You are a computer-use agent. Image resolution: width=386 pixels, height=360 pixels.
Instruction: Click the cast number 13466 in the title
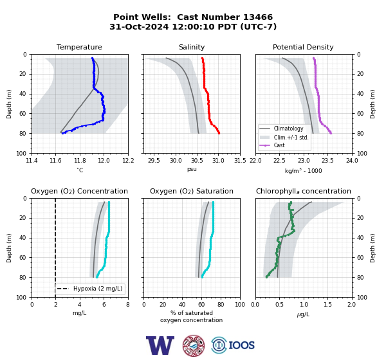(258, 17)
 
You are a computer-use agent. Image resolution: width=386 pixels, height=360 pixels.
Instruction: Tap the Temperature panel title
(79, 47)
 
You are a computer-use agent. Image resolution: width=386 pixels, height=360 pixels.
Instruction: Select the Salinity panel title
(192, 47)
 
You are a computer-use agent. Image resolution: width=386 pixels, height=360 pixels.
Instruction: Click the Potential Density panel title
(303, 47)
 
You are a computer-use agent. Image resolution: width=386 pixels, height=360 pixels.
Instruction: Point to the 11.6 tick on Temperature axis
(55, 161)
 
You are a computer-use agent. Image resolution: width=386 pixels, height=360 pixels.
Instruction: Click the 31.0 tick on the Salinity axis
(218, 161)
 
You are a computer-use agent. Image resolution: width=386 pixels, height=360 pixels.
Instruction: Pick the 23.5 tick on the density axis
(327, 161)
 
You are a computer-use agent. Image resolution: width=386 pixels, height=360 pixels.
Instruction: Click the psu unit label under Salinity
(192, 169)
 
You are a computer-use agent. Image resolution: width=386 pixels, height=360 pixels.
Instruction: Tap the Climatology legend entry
(288, 129)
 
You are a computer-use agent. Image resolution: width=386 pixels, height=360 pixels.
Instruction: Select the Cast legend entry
(279, 145)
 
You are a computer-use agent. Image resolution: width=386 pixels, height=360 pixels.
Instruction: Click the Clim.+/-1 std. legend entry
(291, 137)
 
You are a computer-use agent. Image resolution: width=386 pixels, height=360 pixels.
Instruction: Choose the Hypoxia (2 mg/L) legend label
(98, 289)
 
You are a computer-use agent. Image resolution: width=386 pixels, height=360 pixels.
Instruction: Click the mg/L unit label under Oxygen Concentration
(79, 313)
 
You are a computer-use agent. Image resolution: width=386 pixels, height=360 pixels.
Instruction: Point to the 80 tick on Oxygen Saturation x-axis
(221, 305)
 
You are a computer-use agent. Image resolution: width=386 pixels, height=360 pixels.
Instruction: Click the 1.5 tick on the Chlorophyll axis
(327, 305)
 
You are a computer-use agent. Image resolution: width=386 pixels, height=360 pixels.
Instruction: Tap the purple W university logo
(160, 345)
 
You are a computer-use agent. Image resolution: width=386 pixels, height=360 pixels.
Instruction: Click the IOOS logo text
(241, 345)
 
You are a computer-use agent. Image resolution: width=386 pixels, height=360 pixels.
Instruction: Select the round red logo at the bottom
(194, 345)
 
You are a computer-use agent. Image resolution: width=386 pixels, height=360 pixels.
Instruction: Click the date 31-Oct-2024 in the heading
(139, 26)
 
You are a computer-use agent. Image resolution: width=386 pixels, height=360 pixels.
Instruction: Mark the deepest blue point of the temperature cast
(62, 133)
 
